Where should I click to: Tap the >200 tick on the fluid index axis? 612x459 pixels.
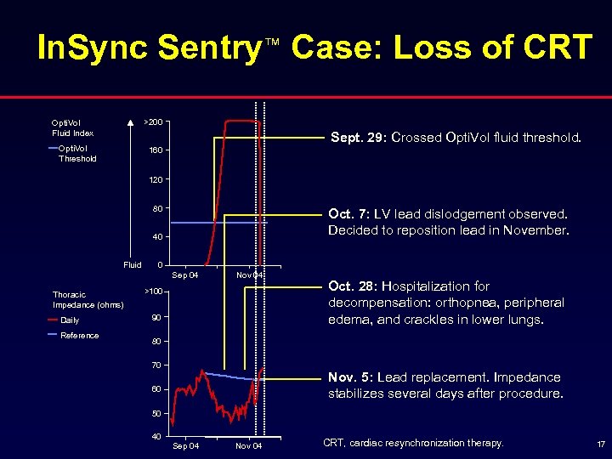click(155, 122)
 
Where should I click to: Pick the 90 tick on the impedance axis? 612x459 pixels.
click(156, 318)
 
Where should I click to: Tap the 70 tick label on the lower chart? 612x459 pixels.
click(156, 365)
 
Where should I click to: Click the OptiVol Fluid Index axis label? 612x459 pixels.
click(72, 127)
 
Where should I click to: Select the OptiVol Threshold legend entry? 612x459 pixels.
click(76, 153)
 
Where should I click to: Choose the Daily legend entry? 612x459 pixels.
click(70, 320)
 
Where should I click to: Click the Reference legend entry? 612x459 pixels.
click(79, 335)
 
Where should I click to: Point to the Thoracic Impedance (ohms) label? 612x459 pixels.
click(88, 299)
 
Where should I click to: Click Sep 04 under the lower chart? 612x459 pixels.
click(186, 445)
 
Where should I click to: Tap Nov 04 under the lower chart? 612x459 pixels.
click(248, 445)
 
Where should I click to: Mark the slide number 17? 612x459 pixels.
click(600, 444)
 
